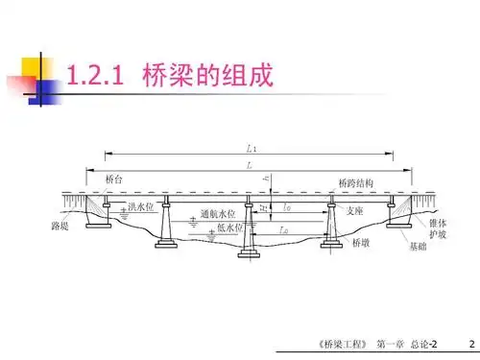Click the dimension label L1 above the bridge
click(x=251, y=148)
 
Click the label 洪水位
click(x=140, y=205)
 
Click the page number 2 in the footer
click(x=470, y=343)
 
